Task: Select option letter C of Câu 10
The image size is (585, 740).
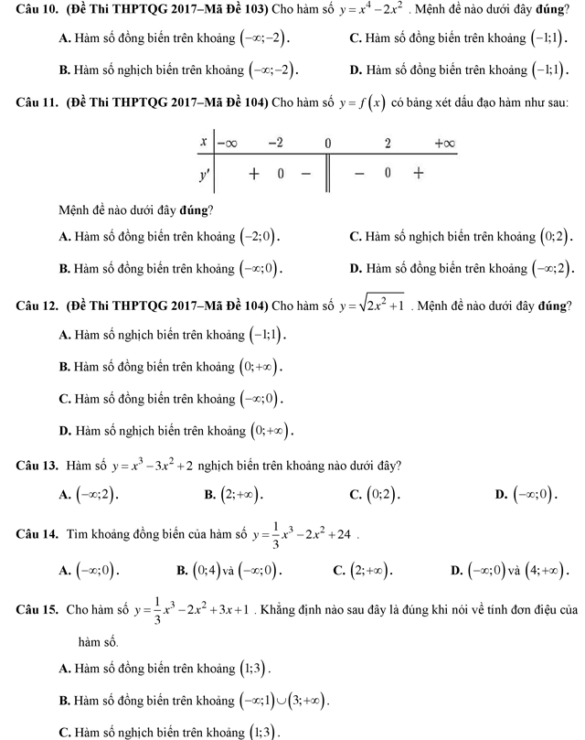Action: (x=355, y=39)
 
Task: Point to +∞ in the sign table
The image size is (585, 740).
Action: (x=444, y=144)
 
